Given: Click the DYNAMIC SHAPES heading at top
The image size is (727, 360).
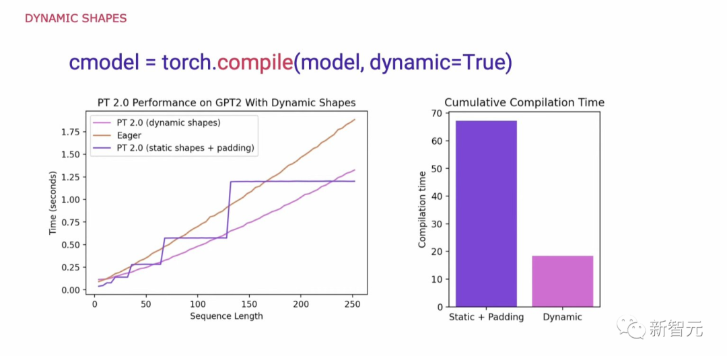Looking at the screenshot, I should point(75,18).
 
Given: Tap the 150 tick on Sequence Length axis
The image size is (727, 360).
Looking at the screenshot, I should point(249,305).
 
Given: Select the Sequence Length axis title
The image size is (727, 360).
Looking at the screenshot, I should point(226,316).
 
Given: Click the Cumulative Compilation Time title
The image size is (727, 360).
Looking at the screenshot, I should point(524,102).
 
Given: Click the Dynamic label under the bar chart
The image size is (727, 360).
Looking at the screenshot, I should point(562,317).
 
